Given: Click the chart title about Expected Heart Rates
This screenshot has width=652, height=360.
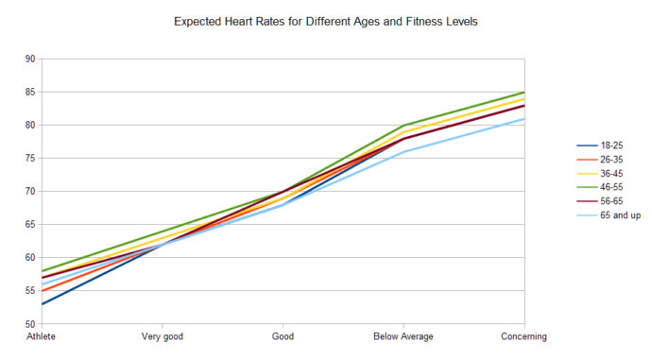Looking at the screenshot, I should (325, 20).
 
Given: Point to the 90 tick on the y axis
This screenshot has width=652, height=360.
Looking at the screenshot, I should (29, 59).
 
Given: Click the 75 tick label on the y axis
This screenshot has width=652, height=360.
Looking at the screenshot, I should (29, 158).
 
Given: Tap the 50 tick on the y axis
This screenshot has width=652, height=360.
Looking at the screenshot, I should (29, 324).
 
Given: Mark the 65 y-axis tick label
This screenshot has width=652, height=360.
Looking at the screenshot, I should (29, 225).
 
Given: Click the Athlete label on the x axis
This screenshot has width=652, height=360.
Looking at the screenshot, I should (41, 336).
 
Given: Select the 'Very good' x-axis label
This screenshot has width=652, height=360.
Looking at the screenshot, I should (162, 336).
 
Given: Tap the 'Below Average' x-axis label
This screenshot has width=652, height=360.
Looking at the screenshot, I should (403, 336).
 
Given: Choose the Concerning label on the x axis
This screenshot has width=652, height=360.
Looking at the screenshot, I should (524, 336).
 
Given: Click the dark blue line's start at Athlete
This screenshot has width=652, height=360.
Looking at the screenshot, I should (42, 304).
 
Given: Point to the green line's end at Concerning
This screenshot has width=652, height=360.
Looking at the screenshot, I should (524, 93).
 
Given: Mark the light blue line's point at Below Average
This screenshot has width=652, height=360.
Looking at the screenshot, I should (403, 152).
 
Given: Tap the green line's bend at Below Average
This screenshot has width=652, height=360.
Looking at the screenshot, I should (403, 126).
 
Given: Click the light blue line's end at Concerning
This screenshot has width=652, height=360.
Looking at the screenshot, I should (524, 119).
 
